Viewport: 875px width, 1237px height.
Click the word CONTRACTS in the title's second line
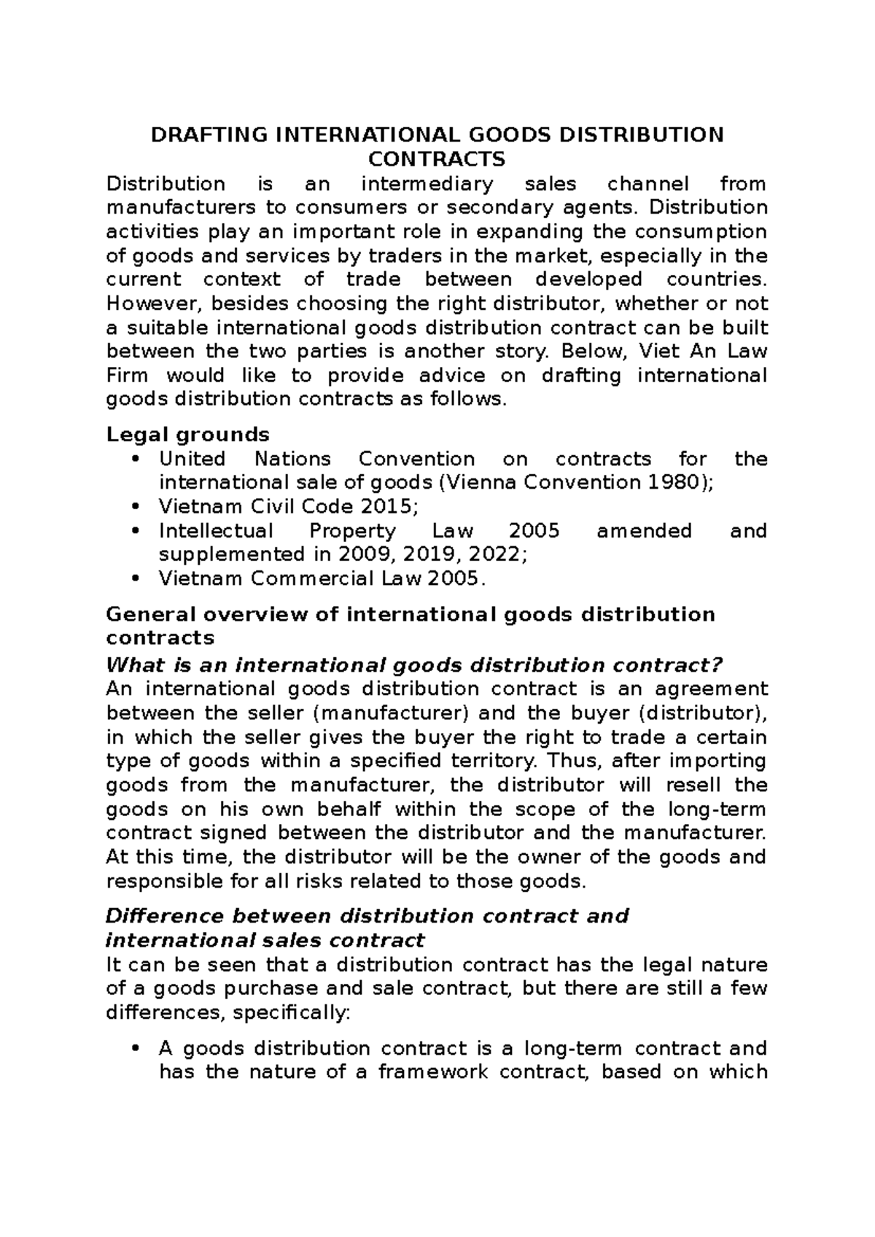click(437, 159)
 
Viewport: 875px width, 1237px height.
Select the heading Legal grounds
click(187, 435)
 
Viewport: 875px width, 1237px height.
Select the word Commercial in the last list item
click(322, 579)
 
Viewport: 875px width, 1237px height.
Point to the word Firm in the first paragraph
click(127, 376)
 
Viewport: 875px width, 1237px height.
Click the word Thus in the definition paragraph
click(574, 761)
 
